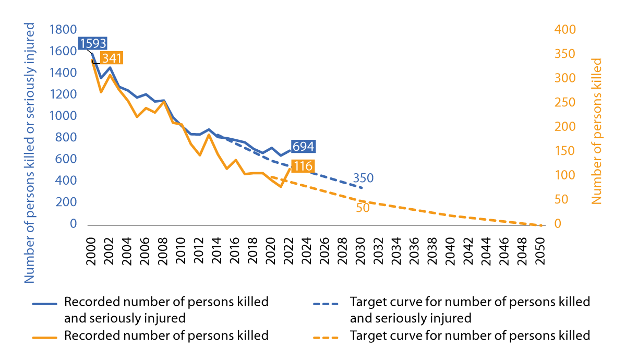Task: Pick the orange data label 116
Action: [x=302, y=167]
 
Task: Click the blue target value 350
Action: [x=363, y=178]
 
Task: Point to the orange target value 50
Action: [x=363, y=208]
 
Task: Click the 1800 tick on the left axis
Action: [x=63, y=30]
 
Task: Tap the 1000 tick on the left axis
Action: [x=63, y=116]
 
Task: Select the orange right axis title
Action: [x=597, y=130]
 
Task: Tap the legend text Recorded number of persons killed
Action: [x=166, y=335]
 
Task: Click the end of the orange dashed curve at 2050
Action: [x=540, y=225]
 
